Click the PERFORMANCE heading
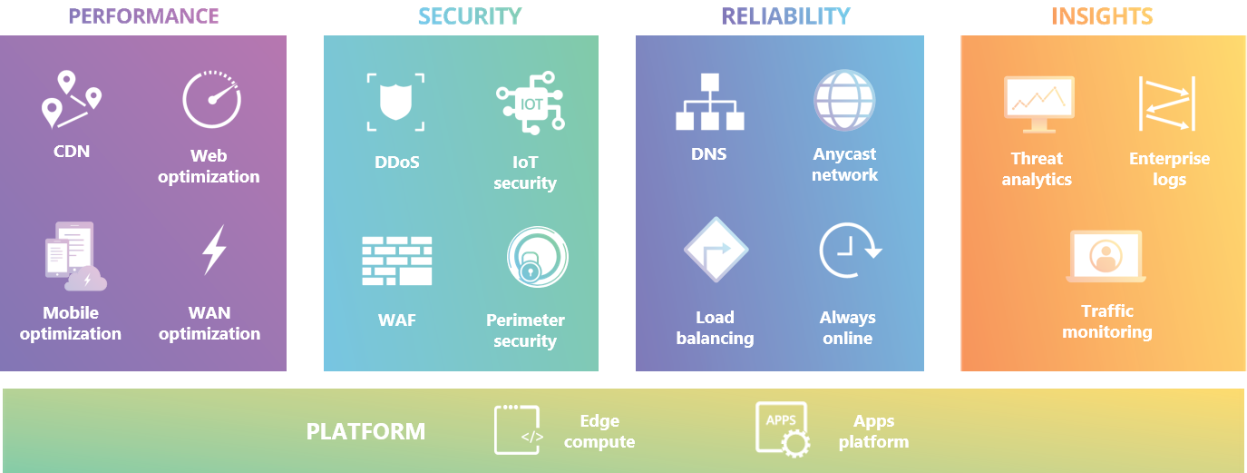pyautogui.click(x=143, y=16)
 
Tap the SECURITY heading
pyautogui.click(x=470, y=16)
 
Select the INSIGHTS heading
pyautogui.click(x=1102, y=16)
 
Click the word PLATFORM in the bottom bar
pyautogui.click(x=365, y=431)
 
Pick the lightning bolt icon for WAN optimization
pyautogui.click(x=213, y=251)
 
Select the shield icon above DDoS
pyautogui.click(x=396, y=102)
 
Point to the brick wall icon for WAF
pyautogui.click(x=396, y=261)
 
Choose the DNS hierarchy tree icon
pyautogui.click(x=709, y=102)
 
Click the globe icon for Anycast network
pyautogui.click(x=844, y=100)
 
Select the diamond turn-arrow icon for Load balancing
pyautogui.click(x=716, y=250)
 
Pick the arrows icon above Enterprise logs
pyautogui.click(x=1167, y=103)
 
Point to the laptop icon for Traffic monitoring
pyautogui.click(x=1106, y=256)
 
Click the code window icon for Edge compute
pyautogui.click(x=518, y=429)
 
